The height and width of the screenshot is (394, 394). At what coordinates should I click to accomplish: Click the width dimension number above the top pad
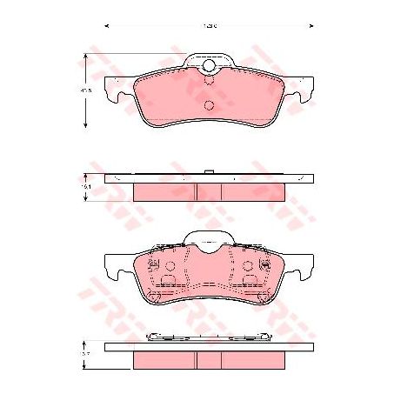pyautogui.click(x=209, y=27)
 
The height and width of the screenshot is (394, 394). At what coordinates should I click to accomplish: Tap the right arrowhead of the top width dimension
pyautogui.click(x=311, y=27)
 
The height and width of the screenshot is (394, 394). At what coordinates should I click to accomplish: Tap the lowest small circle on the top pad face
pyautogui.click(x=209, y=106)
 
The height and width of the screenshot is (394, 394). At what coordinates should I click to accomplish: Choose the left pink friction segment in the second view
pyautogui.click(x=164, y=191)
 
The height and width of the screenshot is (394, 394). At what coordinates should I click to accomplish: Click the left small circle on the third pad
pyautogui.click(x=170, y=266)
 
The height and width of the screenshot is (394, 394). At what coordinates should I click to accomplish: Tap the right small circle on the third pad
pyautogui.click(x=248, y=266)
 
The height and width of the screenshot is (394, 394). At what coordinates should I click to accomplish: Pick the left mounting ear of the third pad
pyautogui.click(x=113, y=264)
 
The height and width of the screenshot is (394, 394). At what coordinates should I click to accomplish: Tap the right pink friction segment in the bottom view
pyautogui.click(x=253, y=360)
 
